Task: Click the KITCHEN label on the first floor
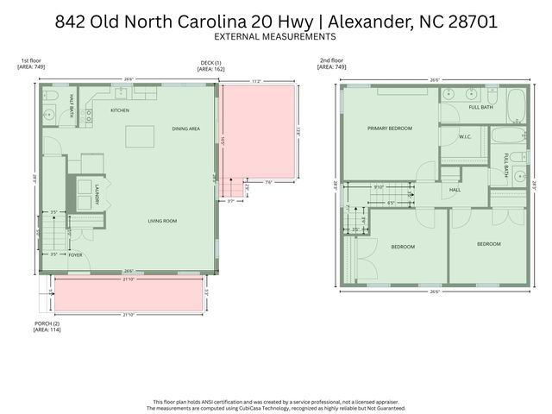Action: pos(119,111)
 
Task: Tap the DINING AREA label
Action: pos(186,129)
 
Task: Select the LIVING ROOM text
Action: pos(162,221)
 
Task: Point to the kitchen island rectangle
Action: pos(140,136)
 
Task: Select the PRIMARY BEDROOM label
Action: pos(390,128)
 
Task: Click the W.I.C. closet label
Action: pos(464,135)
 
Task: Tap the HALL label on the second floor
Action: pos(455,190)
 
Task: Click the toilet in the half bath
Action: pos(50,95)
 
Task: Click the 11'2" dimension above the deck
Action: pos(256,81)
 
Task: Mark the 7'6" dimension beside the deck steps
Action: pos(269,181)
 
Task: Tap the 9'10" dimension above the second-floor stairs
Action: pos(378,186)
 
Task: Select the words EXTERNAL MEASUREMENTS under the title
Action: pos(275,37)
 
